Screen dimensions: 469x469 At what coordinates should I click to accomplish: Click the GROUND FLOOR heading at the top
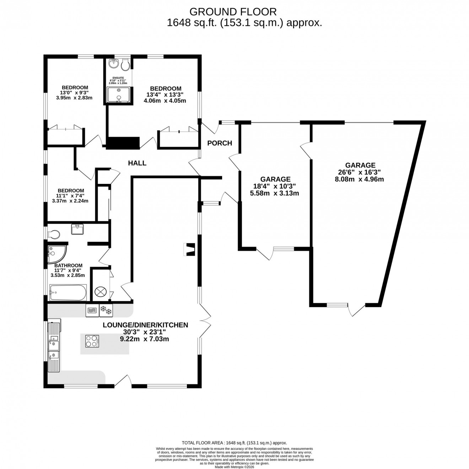tap(233, 12)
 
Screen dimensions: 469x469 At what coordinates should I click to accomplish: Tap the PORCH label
tap(220, 143)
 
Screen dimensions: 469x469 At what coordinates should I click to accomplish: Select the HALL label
tap(137, 163)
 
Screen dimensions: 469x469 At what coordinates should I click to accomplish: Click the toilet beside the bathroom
tap(54, 234)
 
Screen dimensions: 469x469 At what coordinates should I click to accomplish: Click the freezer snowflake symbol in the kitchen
tap(106, 311)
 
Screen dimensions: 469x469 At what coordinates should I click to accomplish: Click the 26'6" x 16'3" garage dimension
tap(360, 172)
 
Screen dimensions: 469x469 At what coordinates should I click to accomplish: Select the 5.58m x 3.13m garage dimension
tap(275, 193)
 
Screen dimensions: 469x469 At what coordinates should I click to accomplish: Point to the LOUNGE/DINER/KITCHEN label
tap(145, 325)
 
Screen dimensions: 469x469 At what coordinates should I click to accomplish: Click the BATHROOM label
tap(68, 265)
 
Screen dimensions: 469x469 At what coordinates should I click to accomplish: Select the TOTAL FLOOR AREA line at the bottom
tap(234, 443)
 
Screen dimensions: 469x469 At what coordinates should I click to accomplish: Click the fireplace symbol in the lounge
tap(190, 249)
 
